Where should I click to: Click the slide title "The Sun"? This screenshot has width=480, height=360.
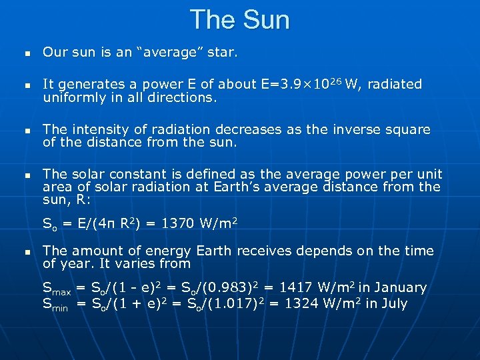(x=240, y=19)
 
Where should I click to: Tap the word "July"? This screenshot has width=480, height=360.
(x=393, y=304)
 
